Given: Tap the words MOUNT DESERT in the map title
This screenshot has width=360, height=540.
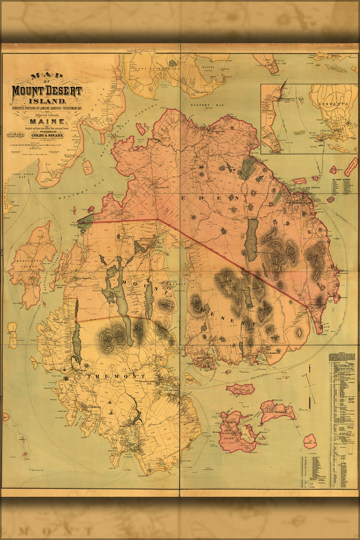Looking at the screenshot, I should (47, 91).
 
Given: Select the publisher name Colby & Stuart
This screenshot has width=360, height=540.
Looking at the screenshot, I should (46, 136).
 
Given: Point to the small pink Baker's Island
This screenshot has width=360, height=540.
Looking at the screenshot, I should (309, 441).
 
